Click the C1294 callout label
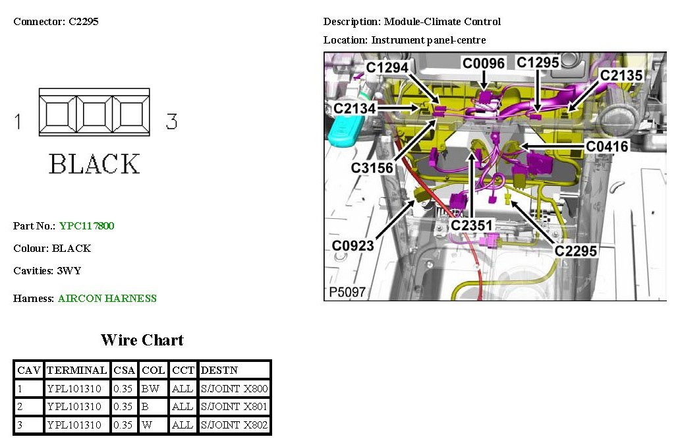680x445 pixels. tap(388, 67)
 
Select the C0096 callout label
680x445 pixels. tap(483, 63)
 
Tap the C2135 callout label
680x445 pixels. tap(621, 76)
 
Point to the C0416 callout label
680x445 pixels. tap(608, 146)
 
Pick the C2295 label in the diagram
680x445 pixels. tap(575, 251)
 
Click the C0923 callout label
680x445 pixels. tap(353, 246)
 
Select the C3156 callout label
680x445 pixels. tap(372, 168)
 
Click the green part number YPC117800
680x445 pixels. tap(86, 226)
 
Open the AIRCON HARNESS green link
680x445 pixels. tap(107, 299)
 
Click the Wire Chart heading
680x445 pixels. tap(142, 340)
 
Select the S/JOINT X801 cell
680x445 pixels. tap(234, 407)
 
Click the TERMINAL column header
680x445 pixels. tap(76, 371)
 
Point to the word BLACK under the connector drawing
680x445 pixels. tap(94, 164)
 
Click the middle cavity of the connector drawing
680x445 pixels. tap(94, 113)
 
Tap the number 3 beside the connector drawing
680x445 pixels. tap(171, 121)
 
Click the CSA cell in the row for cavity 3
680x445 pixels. tap(123, 425)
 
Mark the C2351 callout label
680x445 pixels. tap(471, 225)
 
